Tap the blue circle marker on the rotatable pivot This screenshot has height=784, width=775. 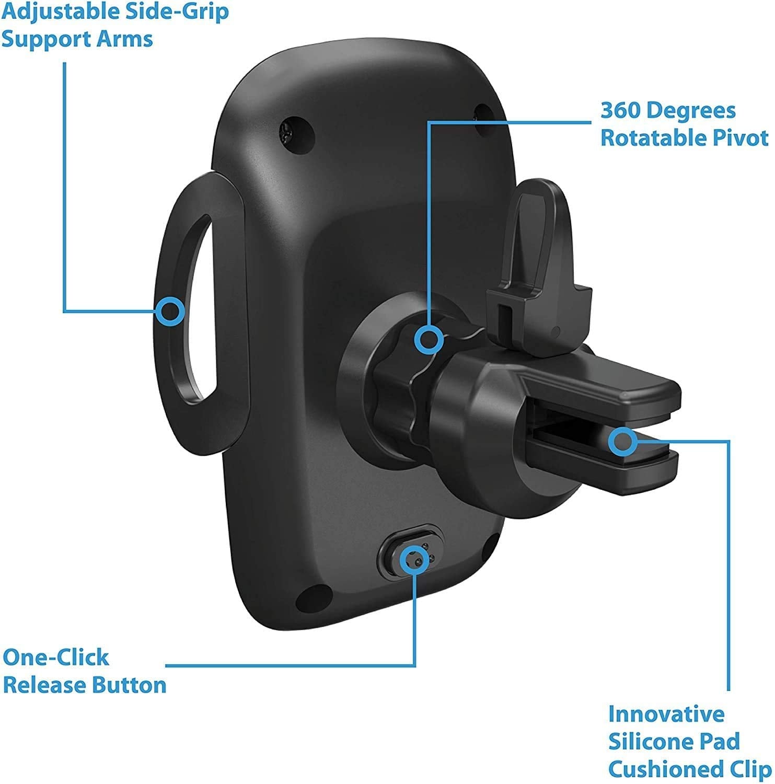coord(429,340)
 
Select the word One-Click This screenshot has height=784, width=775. coord(56,657)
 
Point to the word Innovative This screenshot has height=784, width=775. coord(666,713)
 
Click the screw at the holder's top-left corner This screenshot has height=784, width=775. coord(286,132)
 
